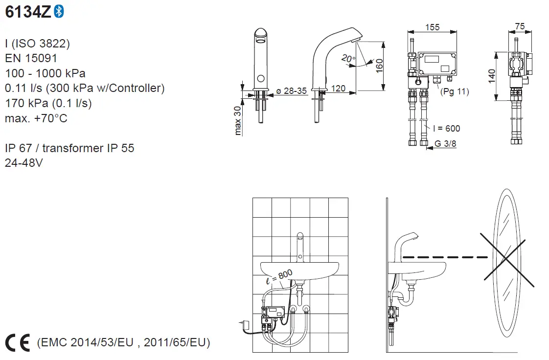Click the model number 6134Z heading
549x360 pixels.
(27, 12)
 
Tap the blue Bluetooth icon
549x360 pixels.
(59, 12)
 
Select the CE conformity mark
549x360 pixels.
(18, 343)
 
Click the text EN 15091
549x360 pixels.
(31, 59)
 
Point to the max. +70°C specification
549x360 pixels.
(36, 118)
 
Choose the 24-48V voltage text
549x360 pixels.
(23, 163)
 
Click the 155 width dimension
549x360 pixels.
(432, 27)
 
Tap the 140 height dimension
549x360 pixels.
(492, 76)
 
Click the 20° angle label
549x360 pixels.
(348, 59)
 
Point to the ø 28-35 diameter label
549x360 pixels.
(292, 91)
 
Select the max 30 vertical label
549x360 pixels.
(238, 120)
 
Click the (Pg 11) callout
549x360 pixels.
(454, 91)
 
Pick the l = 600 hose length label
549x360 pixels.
(446, 129)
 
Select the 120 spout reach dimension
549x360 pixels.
(338, 89)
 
